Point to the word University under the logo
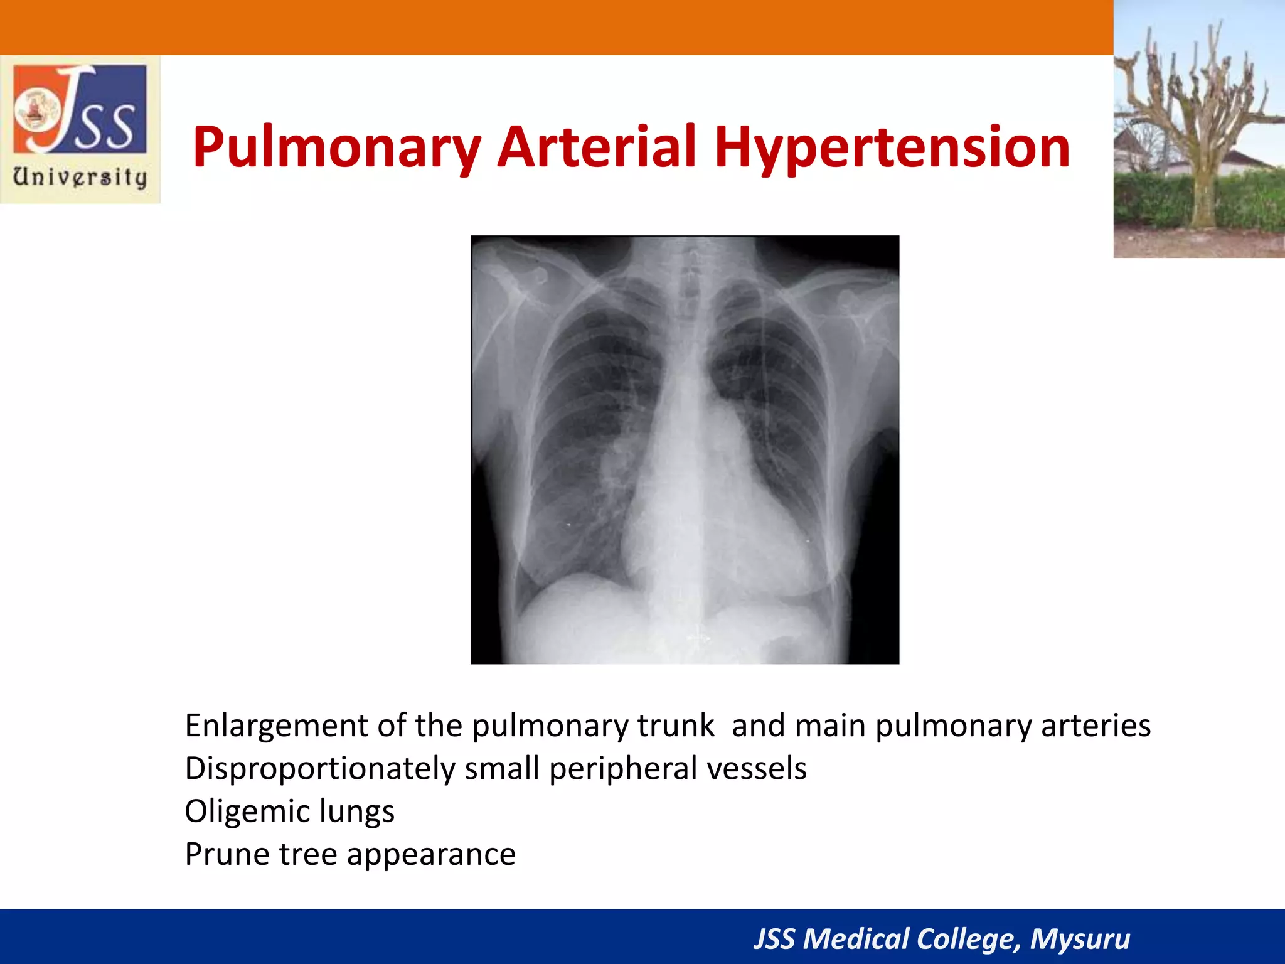pyautogui.click(x=80, y=176)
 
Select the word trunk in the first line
pyautogui.click(x=676, y=726)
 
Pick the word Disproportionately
pyautogui.click(x=320, y=769)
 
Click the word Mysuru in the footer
pyautogui.click(x=1080, y=939)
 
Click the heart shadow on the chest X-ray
pyautogui.click(x=722, y=502)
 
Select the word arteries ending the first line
pyautogui.click(x=1096, y=726)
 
